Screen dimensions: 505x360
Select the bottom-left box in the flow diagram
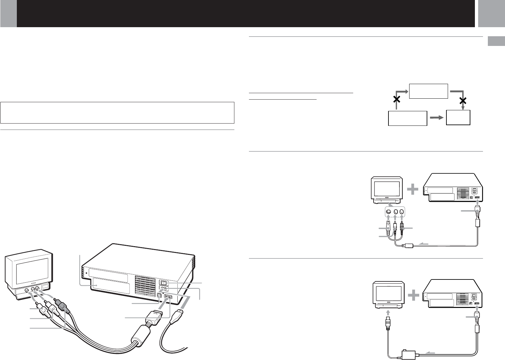pos(407,118)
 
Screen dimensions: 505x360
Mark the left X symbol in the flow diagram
pos(396,100)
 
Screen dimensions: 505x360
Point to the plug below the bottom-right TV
pos(387,322)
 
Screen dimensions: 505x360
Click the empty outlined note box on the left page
pos(117,113)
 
